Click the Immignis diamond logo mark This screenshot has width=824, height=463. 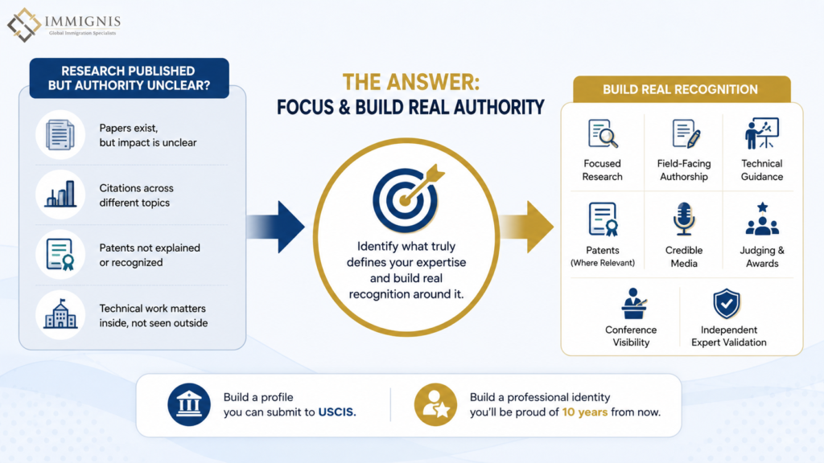pos(24,25)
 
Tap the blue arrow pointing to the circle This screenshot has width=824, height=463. pos(275,227)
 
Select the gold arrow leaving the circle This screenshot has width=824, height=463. pos(526,227)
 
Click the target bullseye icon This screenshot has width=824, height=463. pos(408,199)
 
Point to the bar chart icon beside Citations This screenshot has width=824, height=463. pos(60,194)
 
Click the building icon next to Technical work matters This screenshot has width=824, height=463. pos(60,314)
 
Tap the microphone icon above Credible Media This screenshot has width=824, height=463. pos(684,219)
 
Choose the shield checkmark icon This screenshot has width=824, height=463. pos(727,303)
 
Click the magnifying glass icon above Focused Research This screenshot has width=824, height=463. pos(603,133)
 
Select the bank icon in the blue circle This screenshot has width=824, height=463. pos(188,404)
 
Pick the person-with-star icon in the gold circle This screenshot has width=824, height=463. pos(435,404)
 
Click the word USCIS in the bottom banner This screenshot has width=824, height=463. pos(337,412)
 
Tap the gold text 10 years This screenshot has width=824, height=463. pos(585,412)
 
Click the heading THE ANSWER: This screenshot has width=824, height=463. pos(411,83)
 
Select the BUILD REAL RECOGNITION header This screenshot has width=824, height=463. pos(681,89)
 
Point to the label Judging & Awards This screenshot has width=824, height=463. pos(762,256)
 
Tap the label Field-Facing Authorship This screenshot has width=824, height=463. pos(684,170)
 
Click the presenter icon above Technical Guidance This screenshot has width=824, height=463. pos(761,133)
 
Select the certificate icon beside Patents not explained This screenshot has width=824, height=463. pos(60,255)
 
